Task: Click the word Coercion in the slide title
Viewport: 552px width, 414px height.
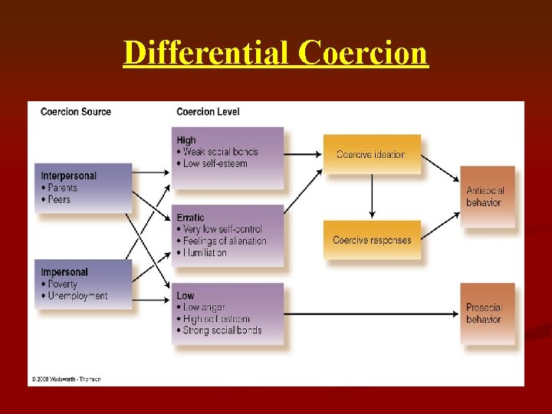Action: click(x=363, y=53)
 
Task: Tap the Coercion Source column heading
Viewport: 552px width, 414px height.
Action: click(x=76, y=112)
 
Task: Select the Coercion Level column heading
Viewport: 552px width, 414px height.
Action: click(x=208, y=112)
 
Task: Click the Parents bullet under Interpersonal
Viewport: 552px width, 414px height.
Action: click(x=62, y=188)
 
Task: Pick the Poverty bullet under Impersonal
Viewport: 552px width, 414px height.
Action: click(x=62, y=284)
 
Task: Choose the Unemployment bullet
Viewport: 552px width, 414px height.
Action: click(x=77, y=296)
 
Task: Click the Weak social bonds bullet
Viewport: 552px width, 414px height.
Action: click(x=221, y=152)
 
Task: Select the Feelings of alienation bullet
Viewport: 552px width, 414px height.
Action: click(x=224, y=241)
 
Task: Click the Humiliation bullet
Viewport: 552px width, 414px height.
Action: click(x=204, y=252)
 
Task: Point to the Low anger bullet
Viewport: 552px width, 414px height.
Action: click(x=205, y=307)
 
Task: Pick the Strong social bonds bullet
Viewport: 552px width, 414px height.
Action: click(x=222, y=330)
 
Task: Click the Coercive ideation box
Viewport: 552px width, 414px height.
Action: click(x=371, y=154)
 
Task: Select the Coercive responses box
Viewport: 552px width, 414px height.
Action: click(x=372, y=240)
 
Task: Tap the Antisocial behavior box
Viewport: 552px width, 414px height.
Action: click(x=487, y=196)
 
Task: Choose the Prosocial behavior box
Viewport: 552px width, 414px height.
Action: click(x=487, y=313)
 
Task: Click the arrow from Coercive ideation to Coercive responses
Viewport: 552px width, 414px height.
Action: click(x=372, y=196)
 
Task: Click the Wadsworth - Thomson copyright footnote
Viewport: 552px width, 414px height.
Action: click(x=66, y=379)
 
